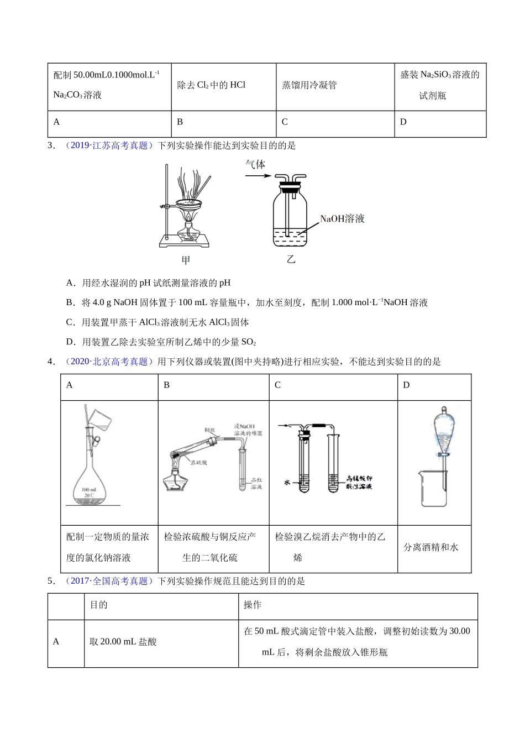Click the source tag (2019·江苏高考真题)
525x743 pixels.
(108, 145)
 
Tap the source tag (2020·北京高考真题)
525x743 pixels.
(108, 362)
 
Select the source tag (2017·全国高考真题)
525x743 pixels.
(108, 581)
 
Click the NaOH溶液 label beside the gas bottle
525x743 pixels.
(342, 219)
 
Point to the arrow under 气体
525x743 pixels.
(258, 176)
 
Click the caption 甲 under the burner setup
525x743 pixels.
(186, 260)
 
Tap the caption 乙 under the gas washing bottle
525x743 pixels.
(291, 259)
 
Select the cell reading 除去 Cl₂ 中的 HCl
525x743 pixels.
(211, 85)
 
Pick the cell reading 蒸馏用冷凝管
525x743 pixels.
(309, 85)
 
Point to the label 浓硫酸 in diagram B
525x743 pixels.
(198, 462)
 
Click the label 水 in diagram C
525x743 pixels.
(287, 482)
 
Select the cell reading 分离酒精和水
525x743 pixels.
(431, 547)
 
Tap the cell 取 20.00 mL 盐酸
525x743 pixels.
(123, 642)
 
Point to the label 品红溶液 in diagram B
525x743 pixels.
(256, 483)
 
